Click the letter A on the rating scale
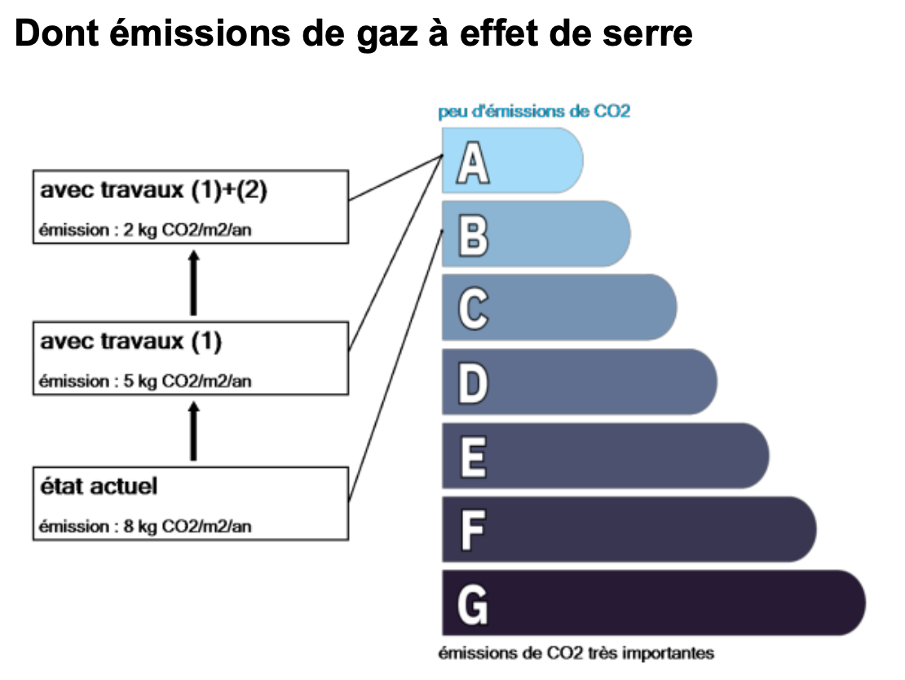coord(473,162)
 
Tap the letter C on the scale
coord(473,309)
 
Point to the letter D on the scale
coord(473,382)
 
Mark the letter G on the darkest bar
coord(473,604)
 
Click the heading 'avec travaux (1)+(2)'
coord(153,190)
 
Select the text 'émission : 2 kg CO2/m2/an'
coord(145,230)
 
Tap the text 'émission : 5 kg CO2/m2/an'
coord(145,381)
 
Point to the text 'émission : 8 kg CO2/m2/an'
coord(145,527)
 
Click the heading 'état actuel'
coord(99,486)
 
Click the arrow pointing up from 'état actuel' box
coord(194,431)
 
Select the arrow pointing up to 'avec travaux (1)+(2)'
coord(194,283)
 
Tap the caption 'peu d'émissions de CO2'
coord(534,111)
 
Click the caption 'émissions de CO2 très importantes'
coord(576,653)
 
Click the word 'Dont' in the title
coord(56,33)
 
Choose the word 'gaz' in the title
coord(386,37)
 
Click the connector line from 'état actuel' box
coord(396,365)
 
